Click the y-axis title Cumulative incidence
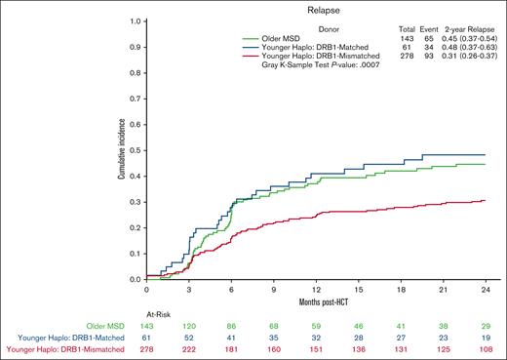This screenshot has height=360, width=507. coord(121,148)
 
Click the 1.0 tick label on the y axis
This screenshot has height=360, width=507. coord(136,19)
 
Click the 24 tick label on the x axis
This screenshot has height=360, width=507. coord(484,289)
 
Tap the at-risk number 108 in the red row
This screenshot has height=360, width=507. coord(484,349)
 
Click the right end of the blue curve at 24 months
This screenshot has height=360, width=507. coord(484,154)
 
